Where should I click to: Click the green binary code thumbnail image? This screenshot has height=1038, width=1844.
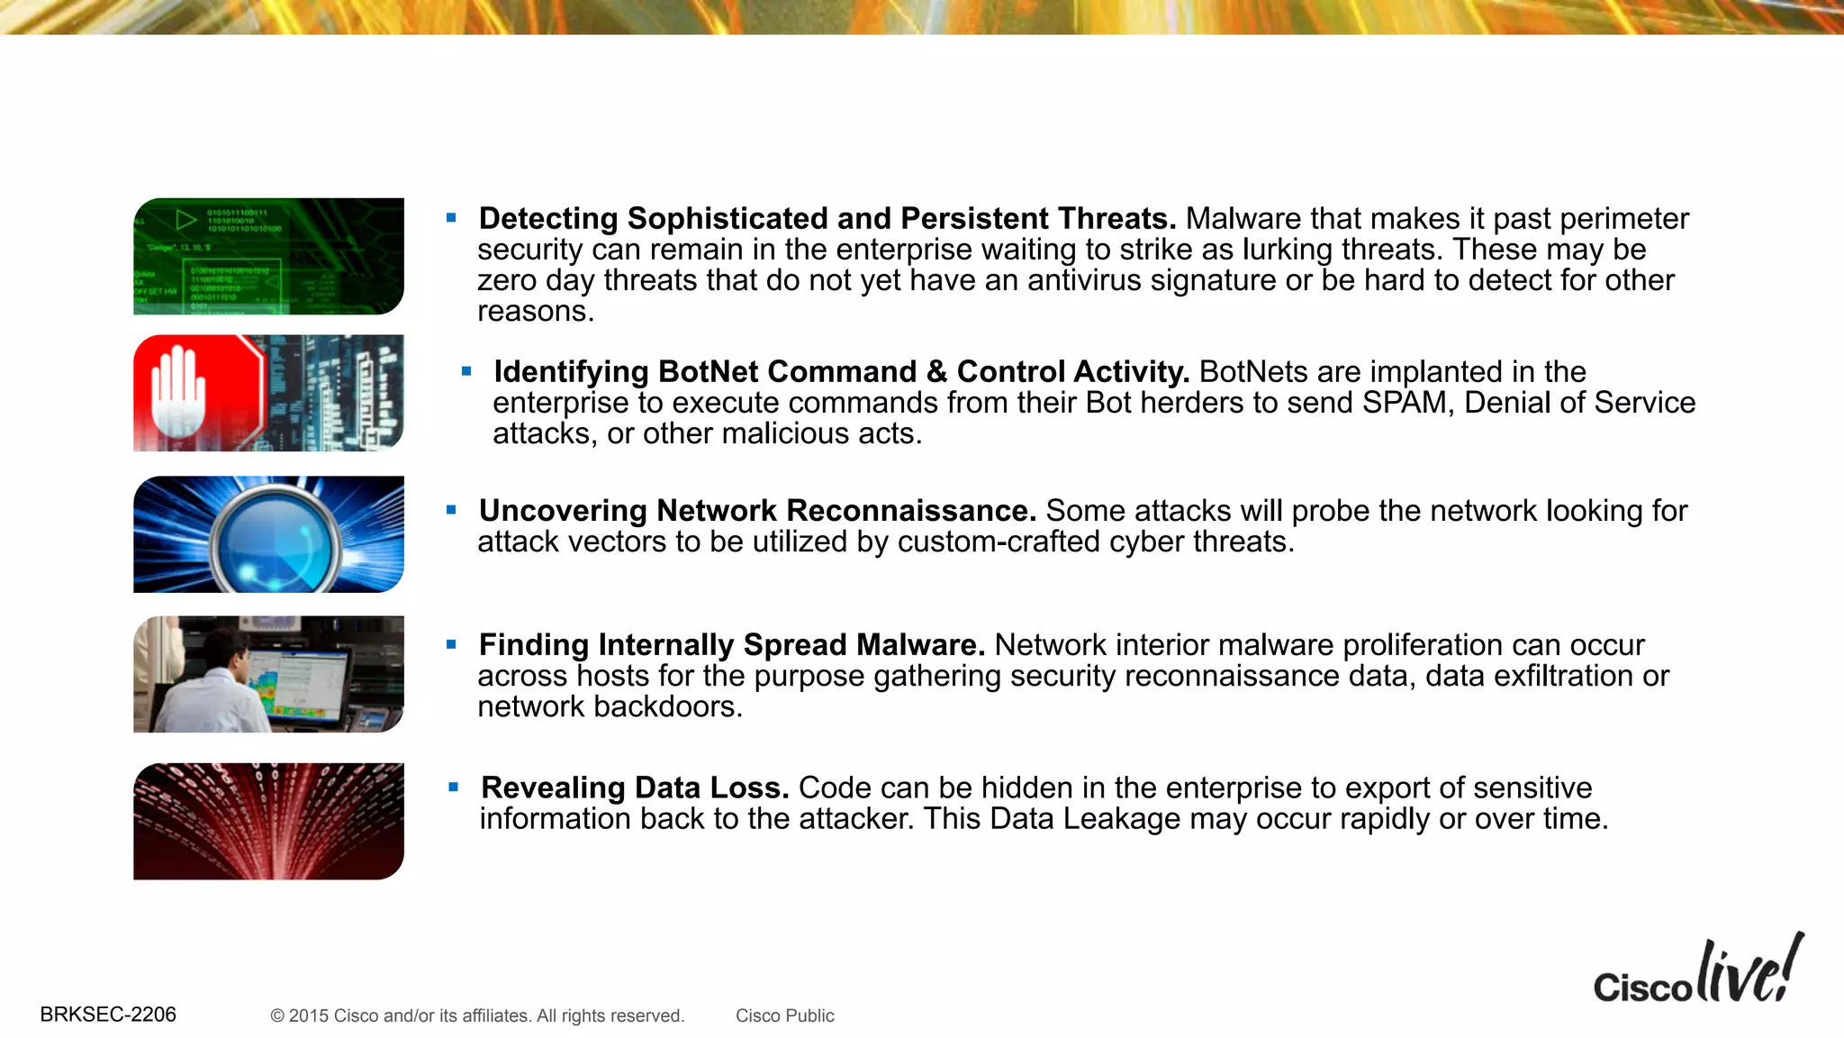coord(268,256)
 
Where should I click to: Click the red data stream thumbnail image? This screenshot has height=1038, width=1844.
coord(268,821)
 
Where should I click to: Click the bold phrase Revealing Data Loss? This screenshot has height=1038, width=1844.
coord(635,788)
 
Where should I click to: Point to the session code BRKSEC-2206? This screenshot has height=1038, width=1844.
coord(108,1015)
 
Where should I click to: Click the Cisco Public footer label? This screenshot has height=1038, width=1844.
coord(784,1015)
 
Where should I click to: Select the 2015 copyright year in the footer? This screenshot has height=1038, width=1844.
coord(308,1015)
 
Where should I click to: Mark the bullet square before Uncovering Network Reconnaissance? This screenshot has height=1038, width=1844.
coord(452,510)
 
